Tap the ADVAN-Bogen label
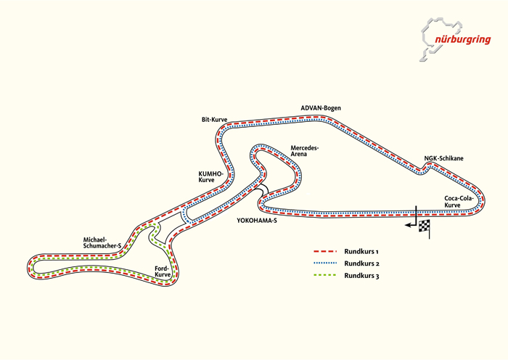[320, 108]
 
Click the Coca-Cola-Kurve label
[459, 201]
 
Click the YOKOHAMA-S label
[257, 220]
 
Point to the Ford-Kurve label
[163, 272]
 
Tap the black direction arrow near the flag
[411, 226]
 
